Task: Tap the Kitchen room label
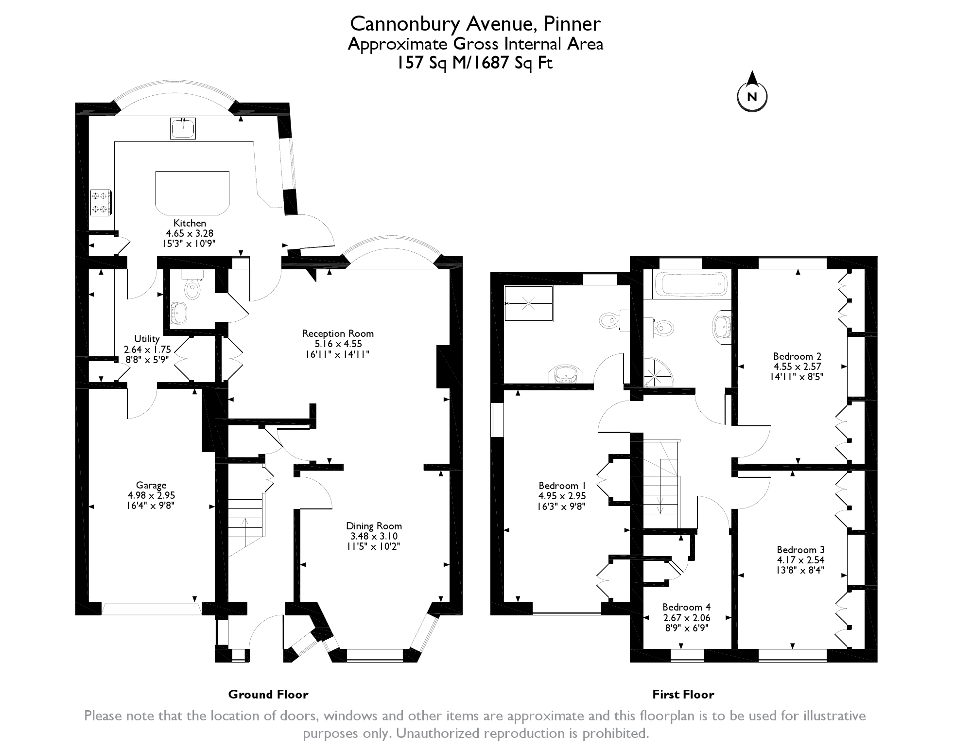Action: tap(190, 223)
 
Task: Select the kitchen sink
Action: tap(183, 128)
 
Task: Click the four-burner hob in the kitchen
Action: tap(101, 202)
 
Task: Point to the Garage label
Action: tap(151, 485)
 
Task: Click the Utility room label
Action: tap(147, 339)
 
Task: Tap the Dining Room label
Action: tap(374, 526)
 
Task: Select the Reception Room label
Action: tap(338, 333)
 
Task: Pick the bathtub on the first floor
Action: tap(691, 284)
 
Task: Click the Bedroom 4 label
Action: tap(686, 607)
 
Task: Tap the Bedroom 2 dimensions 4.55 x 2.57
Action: tap(798, 366)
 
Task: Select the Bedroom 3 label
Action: tap(800, 550)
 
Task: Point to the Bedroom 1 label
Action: tap(562, 486)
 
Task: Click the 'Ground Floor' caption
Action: tap(268, 695)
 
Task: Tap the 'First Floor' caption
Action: tap(683, 695)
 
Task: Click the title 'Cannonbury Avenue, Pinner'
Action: tap(476, 23)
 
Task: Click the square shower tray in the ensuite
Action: tap(529, 304)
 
